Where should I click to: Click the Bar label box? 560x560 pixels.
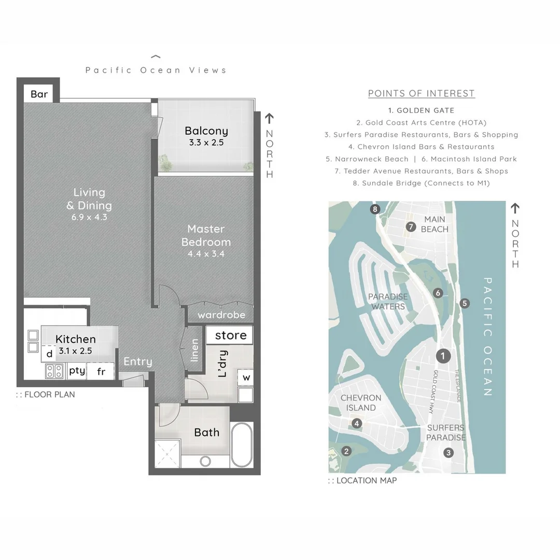tap(38, 93)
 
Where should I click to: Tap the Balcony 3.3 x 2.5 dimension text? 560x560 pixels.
tap(206, 143)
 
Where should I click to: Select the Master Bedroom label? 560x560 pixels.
tap(206, 235)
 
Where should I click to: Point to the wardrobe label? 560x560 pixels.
tap(221, 315)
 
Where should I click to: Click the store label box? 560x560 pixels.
tap(230, 335)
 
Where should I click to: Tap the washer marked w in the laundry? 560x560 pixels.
tap(246, 377)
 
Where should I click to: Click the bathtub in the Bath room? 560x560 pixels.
tap(242, 445)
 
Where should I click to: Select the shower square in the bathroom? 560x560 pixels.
tap(167, 454)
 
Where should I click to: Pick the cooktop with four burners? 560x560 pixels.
tap(54, 371)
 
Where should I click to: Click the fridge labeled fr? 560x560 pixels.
tap(101, 371)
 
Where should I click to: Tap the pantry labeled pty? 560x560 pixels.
tap(77, 371)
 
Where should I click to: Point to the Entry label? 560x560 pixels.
tap(138, 361)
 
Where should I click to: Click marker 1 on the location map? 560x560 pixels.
tap(443, 356)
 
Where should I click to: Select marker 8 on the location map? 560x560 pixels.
tap(375, 209)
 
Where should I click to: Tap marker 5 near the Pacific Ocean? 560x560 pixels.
tap(464, 303)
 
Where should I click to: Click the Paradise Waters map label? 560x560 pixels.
tap(388, 301)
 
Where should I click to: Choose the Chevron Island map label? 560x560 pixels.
tap(361, 402)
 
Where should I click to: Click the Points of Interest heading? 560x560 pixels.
tap(422, 93)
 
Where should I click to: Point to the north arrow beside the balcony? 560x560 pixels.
tap(269, 118)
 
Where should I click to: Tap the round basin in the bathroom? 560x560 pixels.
tap(205, 461)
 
